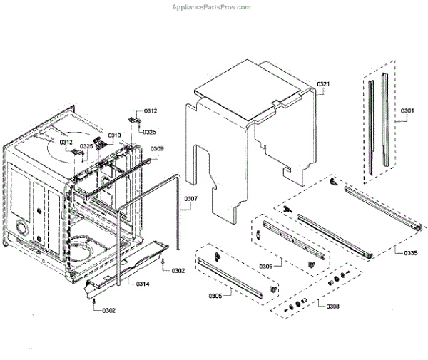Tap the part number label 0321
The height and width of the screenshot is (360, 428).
[x=323, y=85]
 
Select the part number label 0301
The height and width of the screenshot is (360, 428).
[x=407, y=111]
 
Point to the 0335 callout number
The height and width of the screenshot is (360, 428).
[x=410, y=253]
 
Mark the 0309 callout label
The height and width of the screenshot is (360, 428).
[x=157, y=148]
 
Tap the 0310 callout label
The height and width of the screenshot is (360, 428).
[x=114, y=135]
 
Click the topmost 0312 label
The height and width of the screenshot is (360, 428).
[x=151, y=111]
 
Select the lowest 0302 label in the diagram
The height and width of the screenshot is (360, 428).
[x=108, y=310]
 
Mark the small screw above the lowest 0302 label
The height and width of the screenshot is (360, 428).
[x=96, y=302]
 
